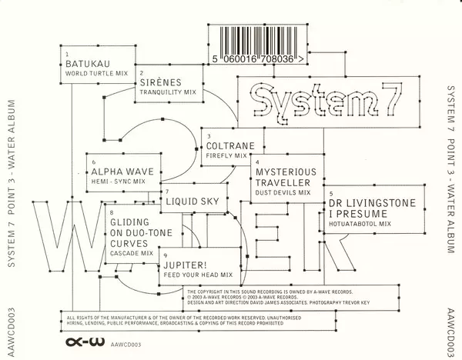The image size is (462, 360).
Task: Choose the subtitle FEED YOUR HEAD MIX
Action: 198,275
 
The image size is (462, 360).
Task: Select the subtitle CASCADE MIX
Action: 132,252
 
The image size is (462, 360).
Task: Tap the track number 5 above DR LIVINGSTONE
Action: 330,192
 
